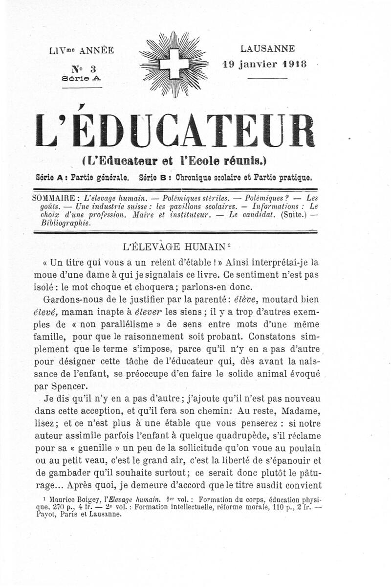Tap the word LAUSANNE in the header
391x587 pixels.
267,49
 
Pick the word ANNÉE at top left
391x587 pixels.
97,50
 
